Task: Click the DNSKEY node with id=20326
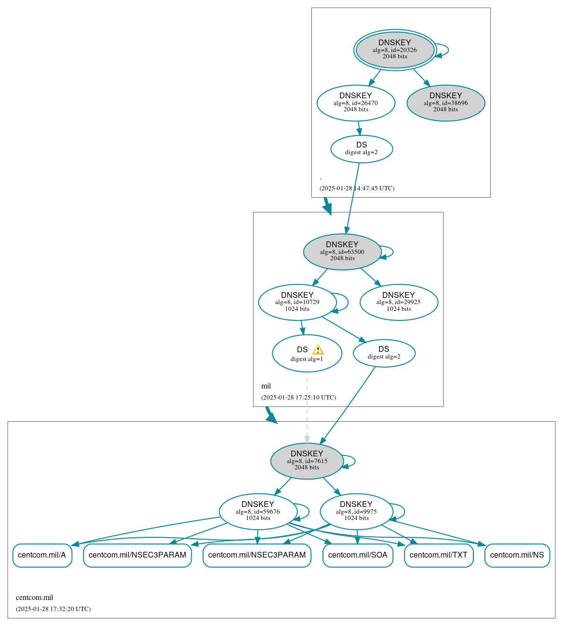point(395,50)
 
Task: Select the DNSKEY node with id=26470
point(356,103)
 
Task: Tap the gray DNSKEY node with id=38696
point(446,103)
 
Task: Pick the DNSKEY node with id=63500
point(342,252)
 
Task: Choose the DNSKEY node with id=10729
point(297,302)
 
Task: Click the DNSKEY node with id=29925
point(399,302)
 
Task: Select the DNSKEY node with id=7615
point(307,461)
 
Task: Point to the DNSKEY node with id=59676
point(258,511)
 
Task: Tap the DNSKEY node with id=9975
point(356,511)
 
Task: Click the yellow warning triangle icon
point(318,350)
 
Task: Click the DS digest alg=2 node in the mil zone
point(384,353)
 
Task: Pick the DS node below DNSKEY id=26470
point(362,149)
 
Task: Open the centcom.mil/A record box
point(42,555)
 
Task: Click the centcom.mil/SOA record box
point(358,555)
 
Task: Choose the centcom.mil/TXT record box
point(439,555)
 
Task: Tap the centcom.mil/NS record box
point(517,555)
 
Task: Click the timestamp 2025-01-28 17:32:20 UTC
point(53,609)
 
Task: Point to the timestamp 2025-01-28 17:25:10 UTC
point(298,398)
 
